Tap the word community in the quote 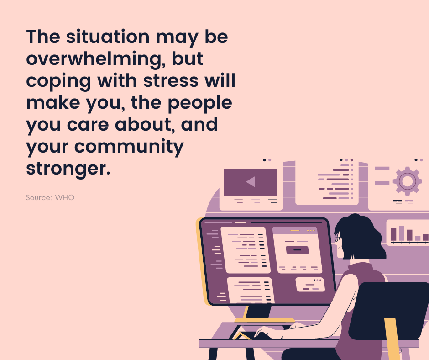(x=129, y=147)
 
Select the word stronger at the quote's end (x=68, y=169)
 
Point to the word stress (x=171, y=81)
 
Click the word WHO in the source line (x=64, y=197)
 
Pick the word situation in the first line (x=108, y=37)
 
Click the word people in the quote (x=200, y=103)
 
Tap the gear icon (x=407, y=181)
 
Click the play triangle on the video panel (x=251, y=182)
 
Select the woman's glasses (x=338, y=238)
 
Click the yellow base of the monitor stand (x=264, y=320)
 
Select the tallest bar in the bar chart (x=401, y=233)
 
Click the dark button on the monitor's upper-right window (x=297, y=250)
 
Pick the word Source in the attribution (x=39, y=197)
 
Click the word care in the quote (x=88, y=125)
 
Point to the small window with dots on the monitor (x=310, y=285)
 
